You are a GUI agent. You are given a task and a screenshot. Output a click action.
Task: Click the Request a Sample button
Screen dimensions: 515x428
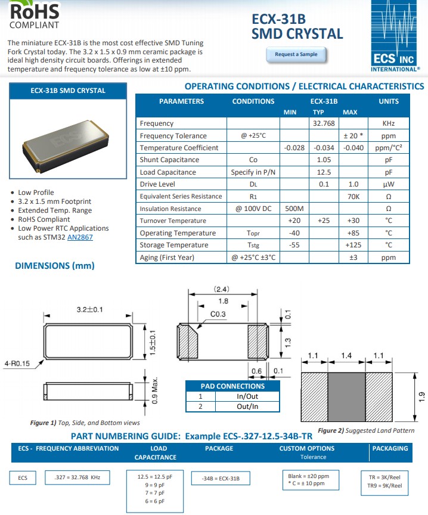click(x=296, y=54)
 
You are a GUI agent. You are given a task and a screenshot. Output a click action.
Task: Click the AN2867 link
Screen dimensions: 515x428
click(x=80, y=237)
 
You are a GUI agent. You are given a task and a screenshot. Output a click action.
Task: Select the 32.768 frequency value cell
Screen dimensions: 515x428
click(x=324, y=123)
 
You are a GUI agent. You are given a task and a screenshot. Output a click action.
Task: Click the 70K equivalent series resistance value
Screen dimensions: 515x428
click(x=353, y=196)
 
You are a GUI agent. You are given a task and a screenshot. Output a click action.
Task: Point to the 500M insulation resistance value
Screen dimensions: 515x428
click(x=294, y=209)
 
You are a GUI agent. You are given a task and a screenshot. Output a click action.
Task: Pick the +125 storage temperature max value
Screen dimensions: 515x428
click(x=353, y=245)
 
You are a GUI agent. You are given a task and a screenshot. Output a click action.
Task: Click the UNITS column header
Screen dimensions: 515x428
click(x=389, y=101)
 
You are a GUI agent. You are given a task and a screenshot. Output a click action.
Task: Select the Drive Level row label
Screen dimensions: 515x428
click(x=157, y=184)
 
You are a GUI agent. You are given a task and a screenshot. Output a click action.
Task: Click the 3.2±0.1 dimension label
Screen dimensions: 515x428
click(x=90, y=309)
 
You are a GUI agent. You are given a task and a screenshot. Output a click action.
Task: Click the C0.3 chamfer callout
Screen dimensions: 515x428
click(x=218, y=314)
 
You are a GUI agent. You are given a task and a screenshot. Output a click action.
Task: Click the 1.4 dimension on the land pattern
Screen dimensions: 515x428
click(x=346, y=356)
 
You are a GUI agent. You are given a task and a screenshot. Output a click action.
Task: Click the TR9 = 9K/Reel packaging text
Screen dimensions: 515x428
click(x=385, y=486)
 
